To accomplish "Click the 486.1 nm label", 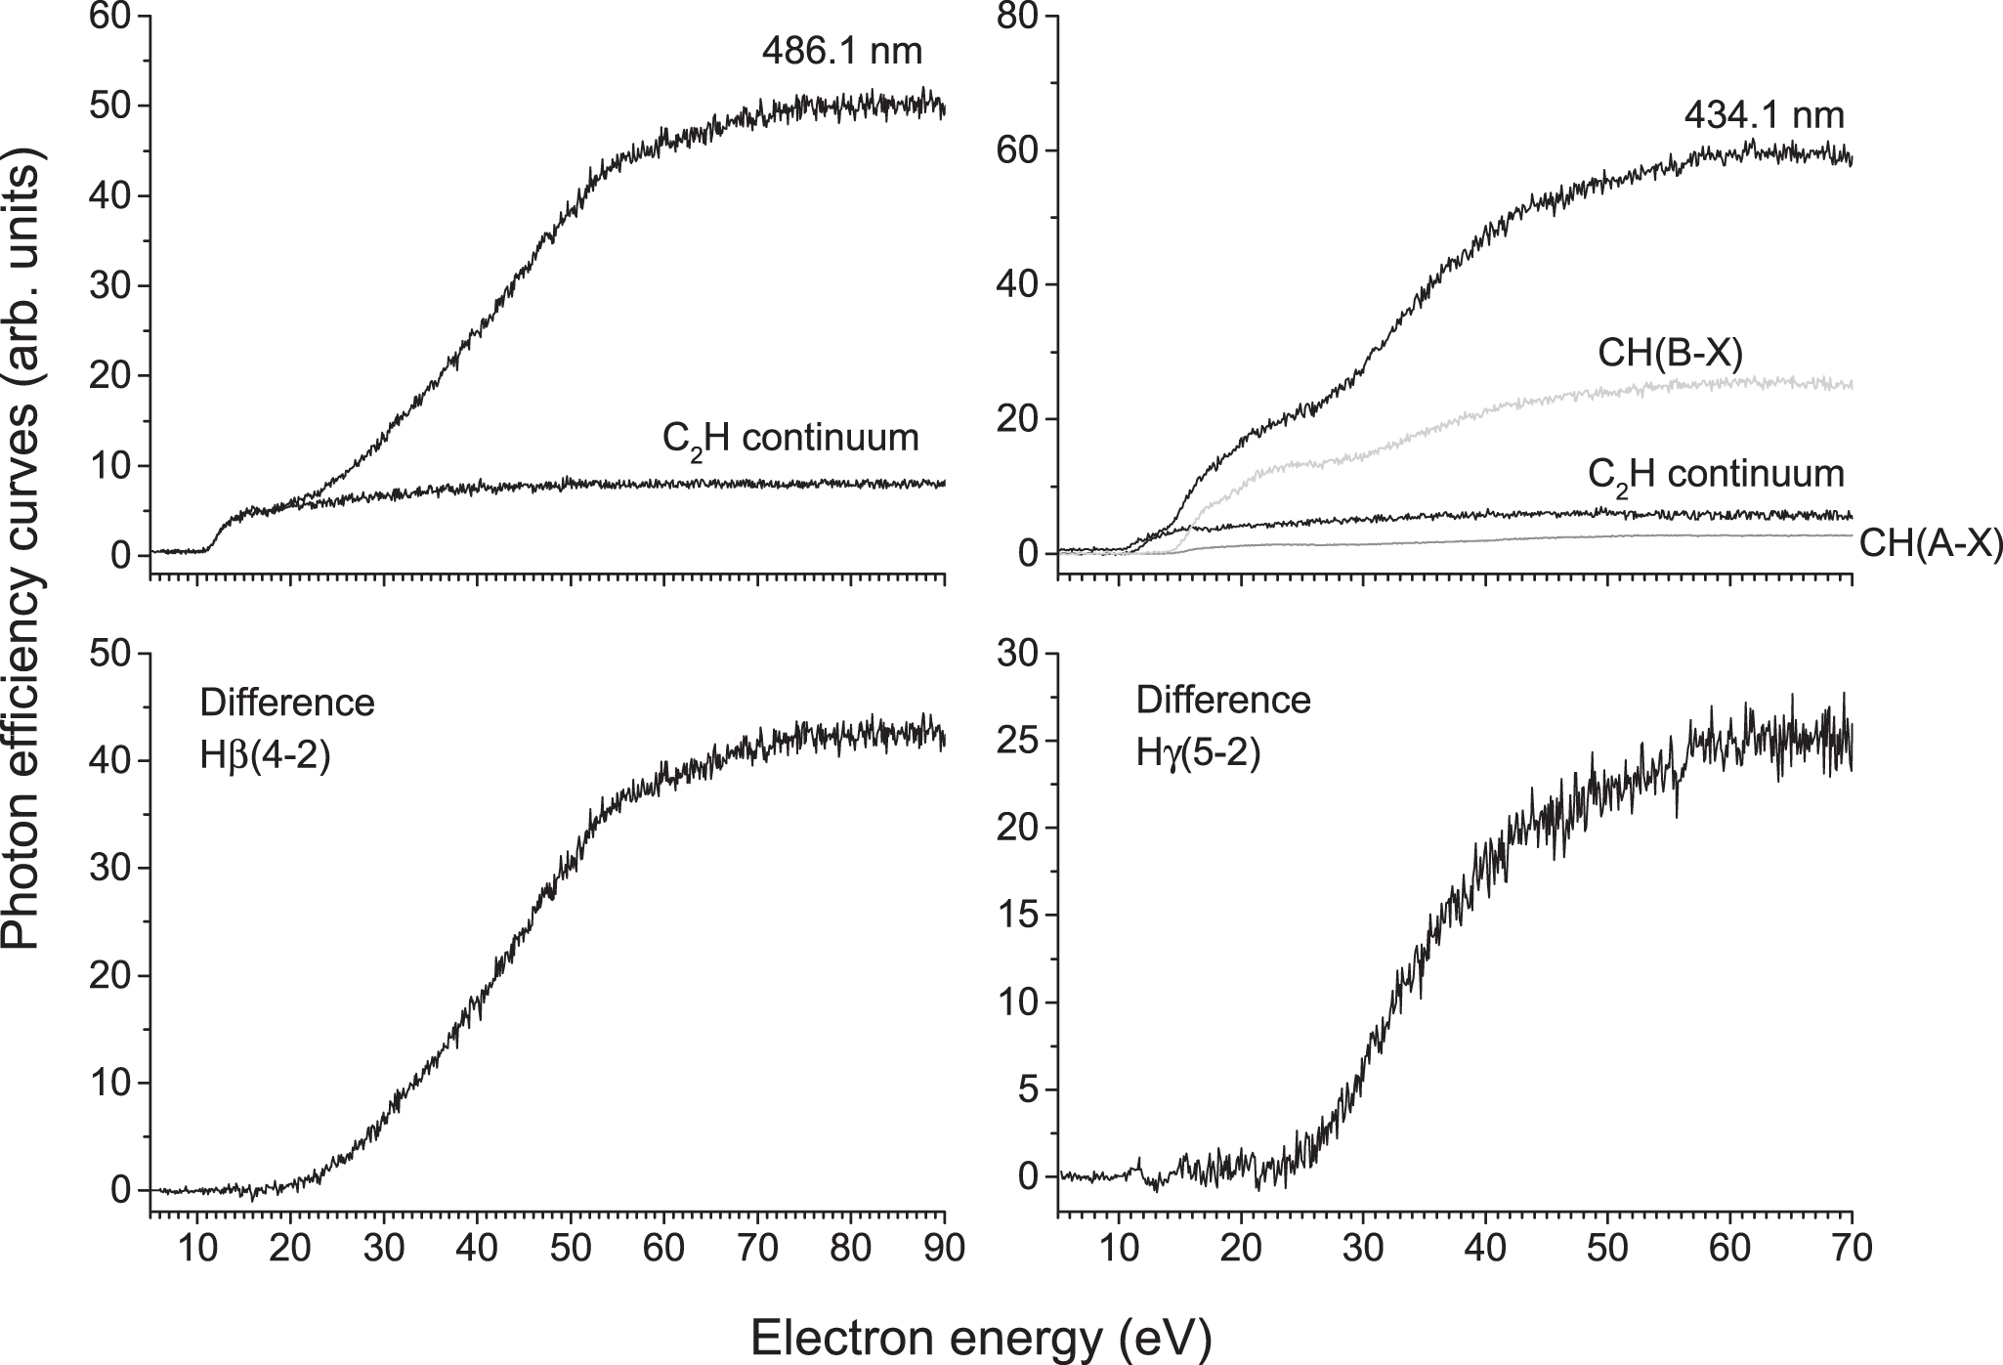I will [x=842, y=51].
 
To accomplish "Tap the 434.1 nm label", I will [x=1764, y=116].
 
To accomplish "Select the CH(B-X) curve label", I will [x=1670, y=354].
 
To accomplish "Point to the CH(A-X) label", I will [x=1930, y=544].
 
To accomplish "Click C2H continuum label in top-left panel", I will [x=790, y=439].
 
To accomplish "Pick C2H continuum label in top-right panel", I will [x=1716, y=475].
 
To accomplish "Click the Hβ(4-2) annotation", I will [x=265, y=756].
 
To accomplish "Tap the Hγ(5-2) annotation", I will [x=1198, y=754].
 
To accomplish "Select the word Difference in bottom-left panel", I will [x=287, y=703].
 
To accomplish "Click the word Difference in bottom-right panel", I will [x=1223, y=701].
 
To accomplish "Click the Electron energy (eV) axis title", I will [x=981, y=1338].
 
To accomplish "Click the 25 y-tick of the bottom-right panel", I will [x=1021, y=741].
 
